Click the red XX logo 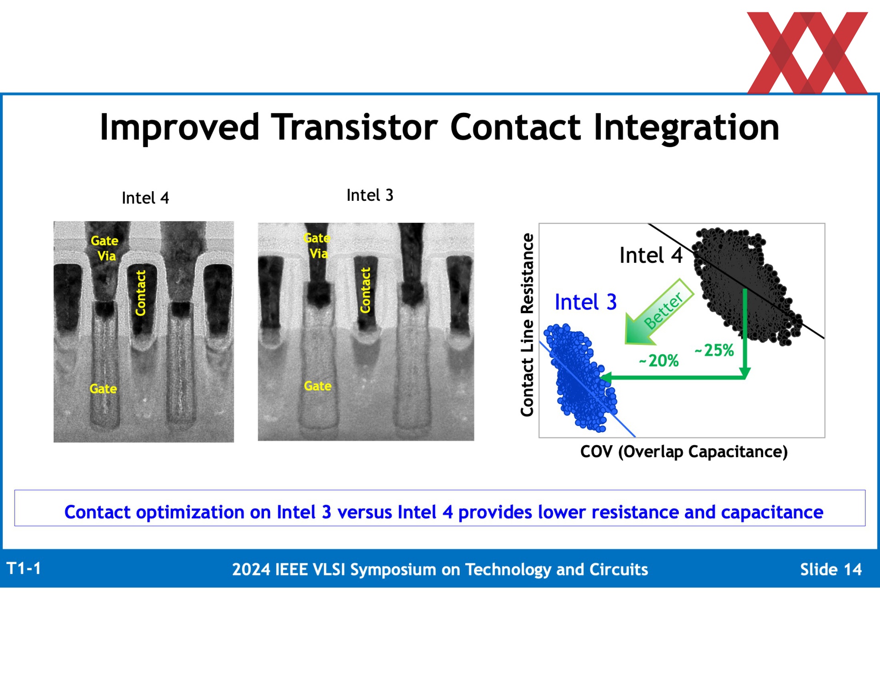[x=807, y=53]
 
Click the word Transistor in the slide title [x=354, y=127]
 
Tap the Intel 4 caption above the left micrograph [x=145, y=198]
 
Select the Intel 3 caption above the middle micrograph [x=370, y=195]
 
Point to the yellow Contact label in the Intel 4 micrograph [x=141, y=293]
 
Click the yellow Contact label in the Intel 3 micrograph [x=365, y=290]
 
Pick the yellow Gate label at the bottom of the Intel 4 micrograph [x=103, y=389]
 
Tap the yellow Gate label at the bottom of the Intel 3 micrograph [x=318, y=386]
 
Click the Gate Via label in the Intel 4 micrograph [x=105, y=248]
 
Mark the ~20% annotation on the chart [x=659, y=361]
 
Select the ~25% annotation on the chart [x=714, y=350]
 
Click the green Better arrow [x=659, y=312]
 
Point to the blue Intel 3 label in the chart [x=586, y=302]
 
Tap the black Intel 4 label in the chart [x=651, y=255]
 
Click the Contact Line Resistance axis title [x=528, y=325]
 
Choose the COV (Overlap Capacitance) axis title [x=684, y=452]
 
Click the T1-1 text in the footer [x=24, y=569]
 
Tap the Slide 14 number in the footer [x=831, y=569]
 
